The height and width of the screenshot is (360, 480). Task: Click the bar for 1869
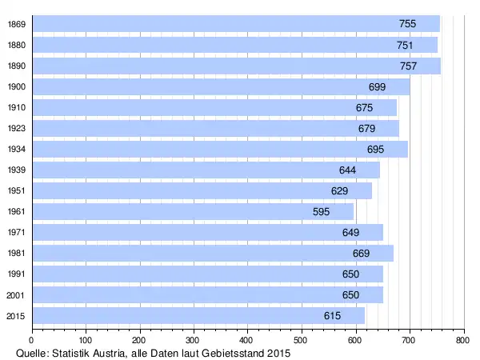pyautogui.click(x=235, y=24)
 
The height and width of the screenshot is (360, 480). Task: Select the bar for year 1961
pyautogui.click(x=192, y=211)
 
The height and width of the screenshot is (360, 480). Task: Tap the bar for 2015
pyautogui.click(x=198, y=315)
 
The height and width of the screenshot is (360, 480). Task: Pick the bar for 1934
pyautogui.click(x=219, y=149)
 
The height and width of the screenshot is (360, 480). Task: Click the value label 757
pyautogui.click(x=408, y=66)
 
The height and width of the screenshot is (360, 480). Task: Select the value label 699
pyautogui.click(x=378, y=86)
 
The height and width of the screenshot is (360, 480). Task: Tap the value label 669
pyautogui.click(x=362, y=253)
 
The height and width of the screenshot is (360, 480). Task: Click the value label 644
pyautogui.click(x=347, y=170)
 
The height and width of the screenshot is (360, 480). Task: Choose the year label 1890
pyautogui.click(x=15, y=66)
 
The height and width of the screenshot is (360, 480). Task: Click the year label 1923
pyautogui.click(x=15, y=128)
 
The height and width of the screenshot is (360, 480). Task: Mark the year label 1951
pyautogui.click(x=15, y=190)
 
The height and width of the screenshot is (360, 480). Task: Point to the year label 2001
pyautogui.click(x=15, y=294)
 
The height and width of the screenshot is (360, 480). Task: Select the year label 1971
pyautogui.click(x=15, y=232)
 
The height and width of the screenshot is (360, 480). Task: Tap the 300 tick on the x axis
pyautogui.click(x=194, y=339)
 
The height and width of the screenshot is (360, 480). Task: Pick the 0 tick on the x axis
pyautogui.click(x=32, y=339)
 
